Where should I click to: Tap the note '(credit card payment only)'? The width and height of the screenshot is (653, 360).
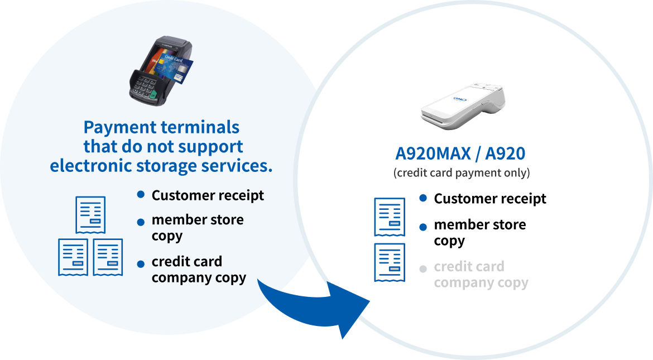pos(461,172)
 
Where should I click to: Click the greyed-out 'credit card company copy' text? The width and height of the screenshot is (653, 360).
pos(481,275)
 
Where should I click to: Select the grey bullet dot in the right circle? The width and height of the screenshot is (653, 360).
pos(423,269)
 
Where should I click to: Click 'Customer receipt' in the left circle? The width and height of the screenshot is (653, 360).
pos(208,195)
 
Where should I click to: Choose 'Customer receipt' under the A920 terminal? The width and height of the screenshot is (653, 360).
pos(490,199)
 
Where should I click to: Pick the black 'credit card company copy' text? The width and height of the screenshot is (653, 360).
pos(199,270)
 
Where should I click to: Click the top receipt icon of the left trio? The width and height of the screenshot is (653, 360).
pos(90,215)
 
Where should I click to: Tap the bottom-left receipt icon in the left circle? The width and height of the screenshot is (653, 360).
pos(73,257)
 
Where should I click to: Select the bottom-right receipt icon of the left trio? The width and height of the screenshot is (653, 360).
pos(108,257)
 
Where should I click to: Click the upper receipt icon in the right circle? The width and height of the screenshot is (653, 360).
pos(389,217)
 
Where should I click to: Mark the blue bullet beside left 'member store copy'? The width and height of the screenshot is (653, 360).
pos(141,222)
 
